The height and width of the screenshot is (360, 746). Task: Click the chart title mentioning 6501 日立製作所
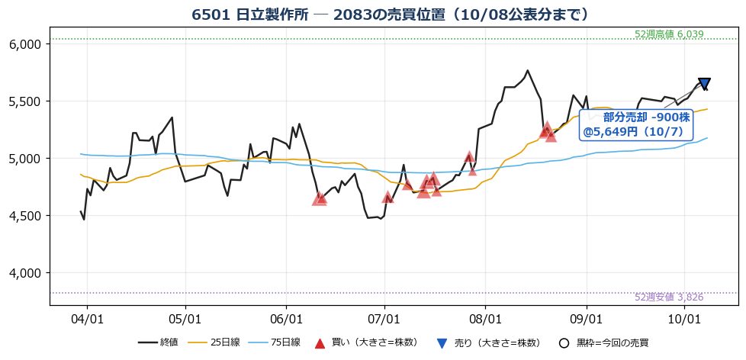(x=391, y=14)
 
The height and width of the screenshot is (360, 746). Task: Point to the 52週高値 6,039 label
(x=669, y=34)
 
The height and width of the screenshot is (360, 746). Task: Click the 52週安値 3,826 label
(x=669, y=297)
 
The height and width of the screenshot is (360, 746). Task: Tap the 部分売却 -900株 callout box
(x=637, y=125)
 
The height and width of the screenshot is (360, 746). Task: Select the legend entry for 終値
(x=158, y=342)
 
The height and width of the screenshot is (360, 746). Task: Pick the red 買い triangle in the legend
(x=320, y=343)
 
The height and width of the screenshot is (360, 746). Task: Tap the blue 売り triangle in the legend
(x=442, y=343)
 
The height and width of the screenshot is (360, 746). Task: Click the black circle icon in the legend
(x=564, y=343)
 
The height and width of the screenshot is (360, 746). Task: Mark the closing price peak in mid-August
(x=527, y=70)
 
